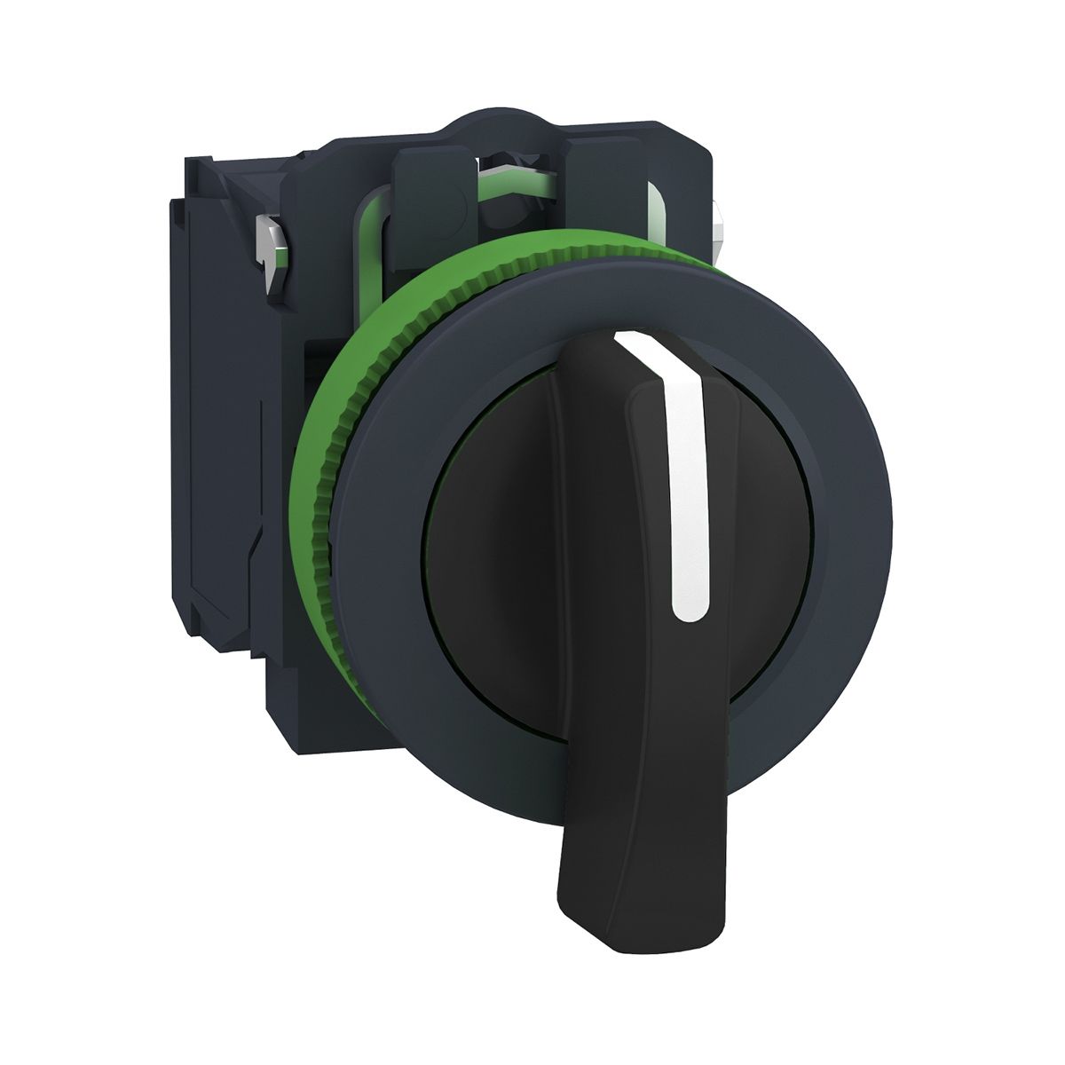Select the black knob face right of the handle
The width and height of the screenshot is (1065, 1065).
point(763,532)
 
